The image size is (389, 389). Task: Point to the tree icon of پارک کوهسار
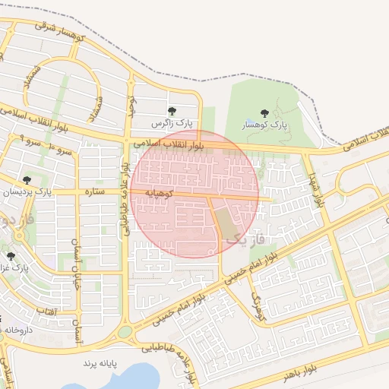tap(264, 112)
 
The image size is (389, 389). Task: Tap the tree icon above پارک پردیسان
tap(27, 181)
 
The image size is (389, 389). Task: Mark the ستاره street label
tap(93, 191)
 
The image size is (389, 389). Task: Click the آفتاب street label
tap(46, 312)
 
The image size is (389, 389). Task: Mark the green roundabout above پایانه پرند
tap(125, 332)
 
